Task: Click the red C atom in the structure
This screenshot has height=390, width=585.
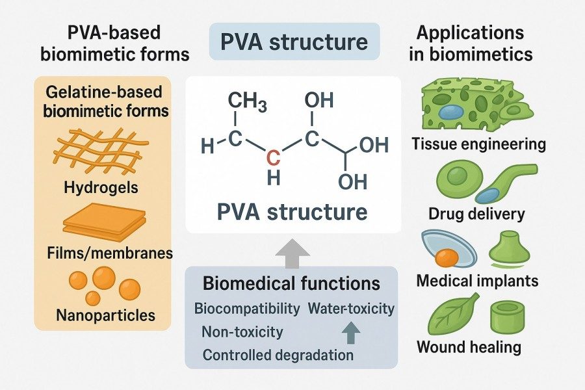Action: coord(275,156)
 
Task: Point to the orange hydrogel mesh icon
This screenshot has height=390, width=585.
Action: coord(101,151)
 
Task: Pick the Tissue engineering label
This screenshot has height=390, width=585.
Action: coord(479,144)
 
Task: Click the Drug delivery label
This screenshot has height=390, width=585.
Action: coord(477,213)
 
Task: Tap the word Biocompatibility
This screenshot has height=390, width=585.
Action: coord(247,308)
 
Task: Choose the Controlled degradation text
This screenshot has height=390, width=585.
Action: coord(278,355)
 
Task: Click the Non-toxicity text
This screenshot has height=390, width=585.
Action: coord(242,331)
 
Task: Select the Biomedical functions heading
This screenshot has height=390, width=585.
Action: coord(291,283)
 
